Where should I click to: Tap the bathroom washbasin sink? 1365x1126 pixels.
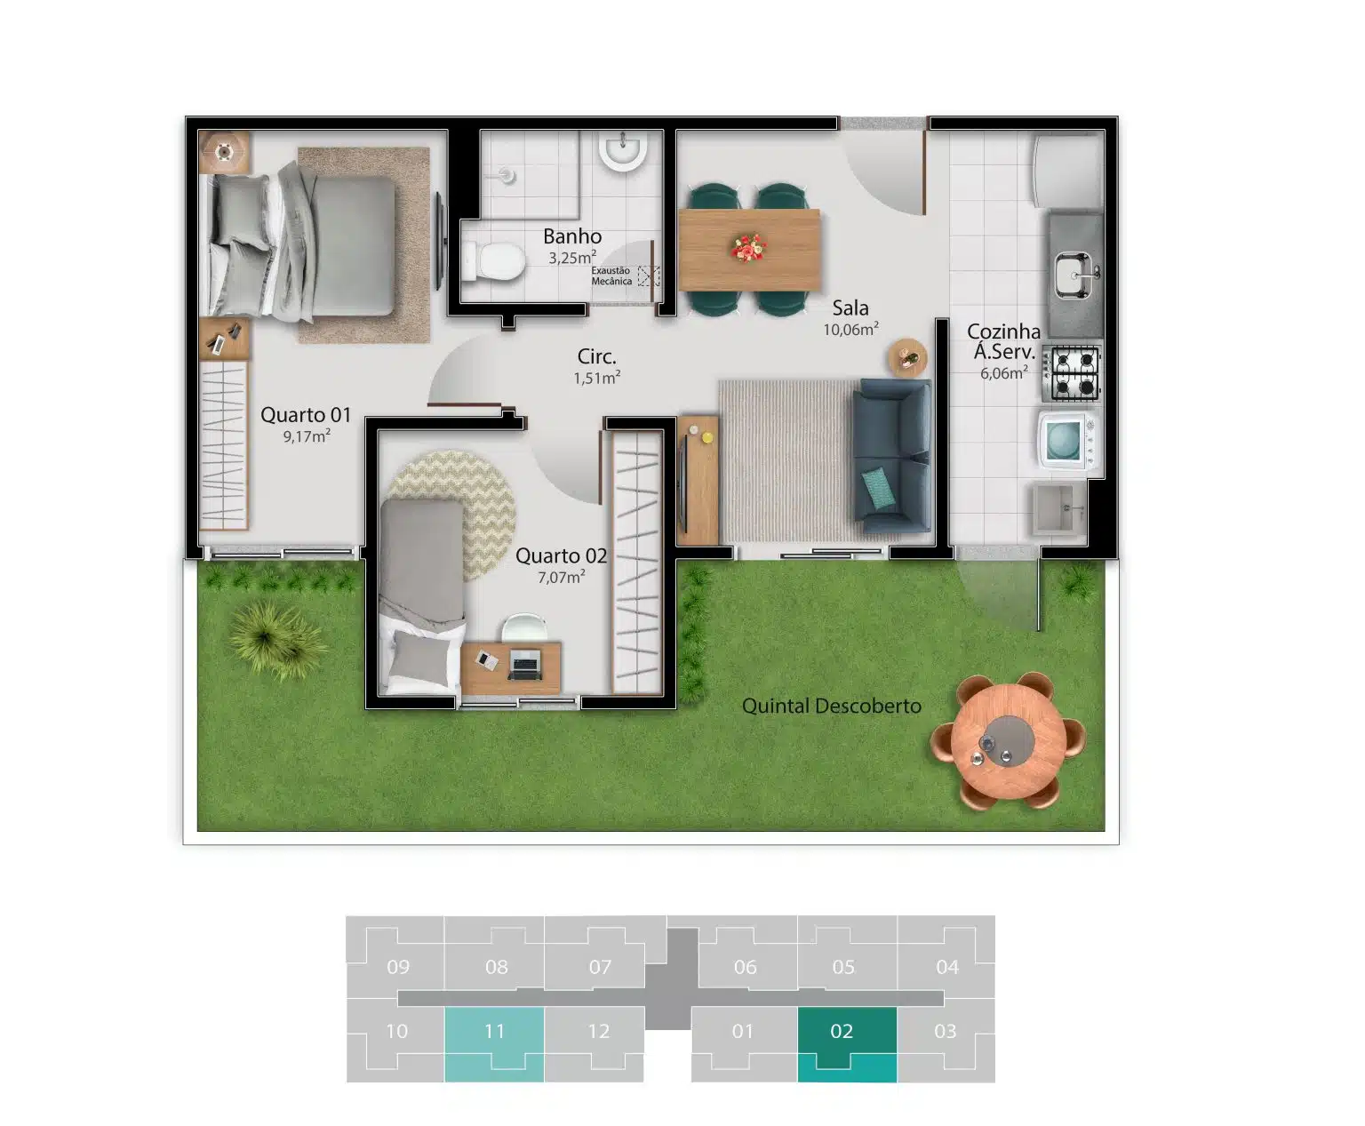click(622, 149)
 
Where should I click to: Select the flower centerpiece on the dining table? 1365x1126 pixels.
click(749, 248)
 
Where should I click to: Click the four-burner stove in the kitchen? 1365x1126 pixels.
click(1073, 373)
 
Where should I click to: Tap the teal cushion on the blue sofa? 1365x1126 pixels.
click(878, 487)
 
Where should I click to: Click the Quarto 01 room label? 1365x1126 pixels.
click(306, 414)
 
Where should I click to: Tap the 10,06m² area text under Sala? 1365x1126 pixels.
click(850, 329)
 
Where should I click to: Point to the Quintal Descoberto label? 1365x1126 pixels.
click(832, 707)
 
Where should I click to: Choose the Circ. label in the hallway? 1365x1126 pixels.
click(596, 356)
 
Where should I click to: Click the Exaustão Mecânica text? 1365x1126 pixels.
click(611, 276)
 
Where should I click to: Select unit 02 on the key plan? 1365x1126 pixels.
click(847, 1044)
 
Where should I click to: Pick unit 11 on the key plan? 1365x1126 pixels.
click(494, 1044)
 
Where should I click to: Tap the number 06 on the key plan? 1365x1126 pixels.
click(746, 967)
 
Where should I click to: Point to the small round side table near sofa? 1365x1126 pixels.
click(907, 357)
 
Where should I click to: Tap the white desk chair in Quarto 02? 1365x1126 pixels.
click(524, 627)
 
